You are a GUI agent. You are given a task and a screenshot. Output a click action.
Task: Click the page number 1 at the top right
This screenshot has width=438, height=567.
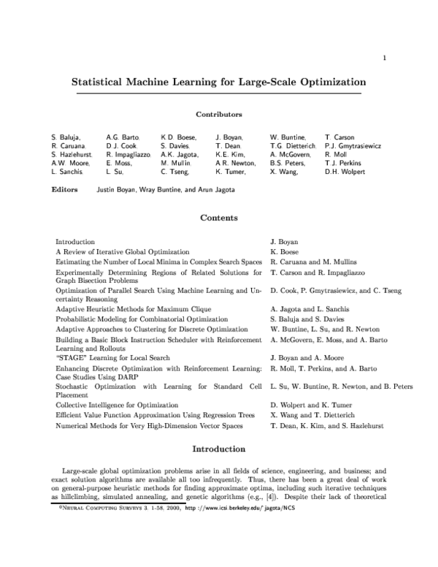pyautogui.click(x=383, y=58)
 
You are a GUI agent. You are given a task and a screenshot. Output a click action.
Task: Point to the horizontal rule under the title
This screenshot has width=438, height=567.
pyautogui.click(x=218, y=94)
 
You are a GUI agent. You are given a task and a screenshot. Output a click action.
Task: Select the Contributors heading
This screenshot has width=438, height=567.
pyautogui.click(x=218, y=115)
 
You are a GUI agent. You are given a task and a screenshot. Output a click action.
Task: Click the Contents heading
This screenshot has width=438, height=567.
pyautogui.click(x=218, y=218)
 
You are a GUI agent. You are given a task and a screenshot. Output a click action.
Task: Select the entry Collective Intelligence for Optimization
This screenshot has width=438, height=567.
pyautogui.click(x=123, y=404)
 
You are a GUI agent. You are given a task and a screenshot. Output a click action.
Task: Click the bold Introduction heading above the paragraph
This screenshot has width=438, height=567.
pyautogui.click(x=218, y=449)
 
